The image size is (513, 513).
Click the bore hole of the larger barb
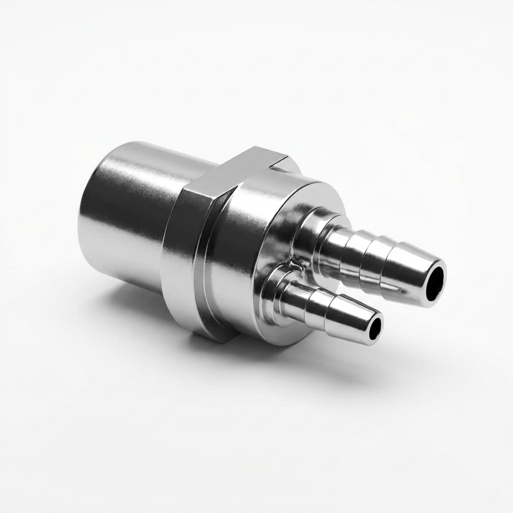pyautogui.click(x=435, y=284)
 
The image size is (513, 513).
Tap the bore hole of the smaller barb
pyautogui.click(x=375, y=328)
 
